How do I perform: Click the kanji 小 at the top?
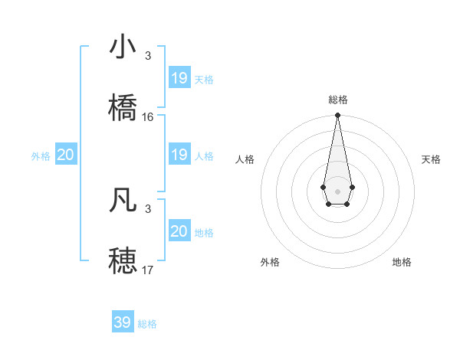pyautogui.click(x=123, y=47)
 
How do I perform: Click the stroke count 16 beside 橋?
pyautogui.click(x=148, y=116)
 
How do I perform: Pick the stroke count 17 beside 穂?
pyautogui.click(x=148, y=270)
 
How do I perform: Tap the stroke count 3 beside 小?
pyautogui.click(x=148, y=56)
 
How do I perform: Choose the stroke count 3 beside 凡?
pyautogui.click(x=148, y=208)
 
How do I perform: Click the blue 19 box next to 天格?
pyautogui.click(x=179, y=78)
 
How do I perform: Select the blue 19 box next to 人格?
pyautogui.click(x=179, y=155)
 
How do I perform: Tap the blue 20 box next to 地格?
pyautogui.click(x=179, y=231)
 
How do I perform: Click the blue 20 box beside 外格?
pyautogui.click(x=66, y=155)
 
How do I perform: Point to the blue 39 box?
pyautogui.click(x=123, y=322)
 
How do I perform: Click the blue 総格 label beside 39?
pyautogui.click(x=147, y=324)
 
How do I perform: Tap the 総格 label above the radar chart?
pyautogui.click(x=338, y=100)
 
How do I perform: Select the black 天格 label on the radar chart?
pyautogui.click(x=432, y=159)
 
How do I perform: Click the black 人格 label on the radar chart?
pyautogui.click(x=245, y=159)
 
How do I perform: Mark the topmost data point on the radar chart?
pyautogui.click(x=337, y=115)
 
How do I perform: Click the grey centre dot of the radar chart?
pyautogui.click(x=337, y=190)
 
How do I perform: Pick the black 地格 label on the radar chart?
pyautogui.click(x=402, y=262)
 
